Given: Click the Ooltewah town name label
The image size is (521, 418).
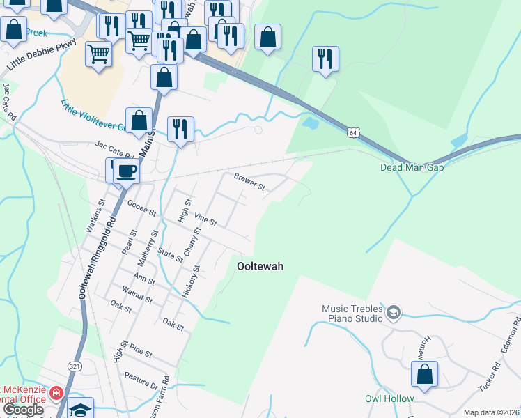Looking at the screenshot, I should [260, 265].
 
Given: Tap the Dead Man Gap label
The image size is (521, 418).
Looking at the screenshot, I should [412, 167].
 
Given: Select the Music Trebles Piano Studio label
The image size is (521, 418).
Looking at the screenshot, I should [352, 313].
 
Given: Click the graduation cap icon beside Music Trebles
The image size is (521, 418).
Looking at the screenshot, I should [394, 312].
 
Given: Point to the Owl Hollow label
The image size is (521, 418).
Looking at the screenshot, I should [389, 399].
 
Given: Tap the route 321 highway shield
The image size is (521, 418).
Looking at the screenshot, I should [75, 365].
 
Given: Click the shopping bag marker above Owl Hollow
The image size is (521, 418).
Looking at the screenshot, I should [424, 373].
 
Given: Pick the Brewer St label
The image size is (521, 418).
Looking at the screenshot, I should [250, 183].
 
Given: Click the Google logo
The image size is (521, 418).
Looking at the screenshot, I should [23, 410].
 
